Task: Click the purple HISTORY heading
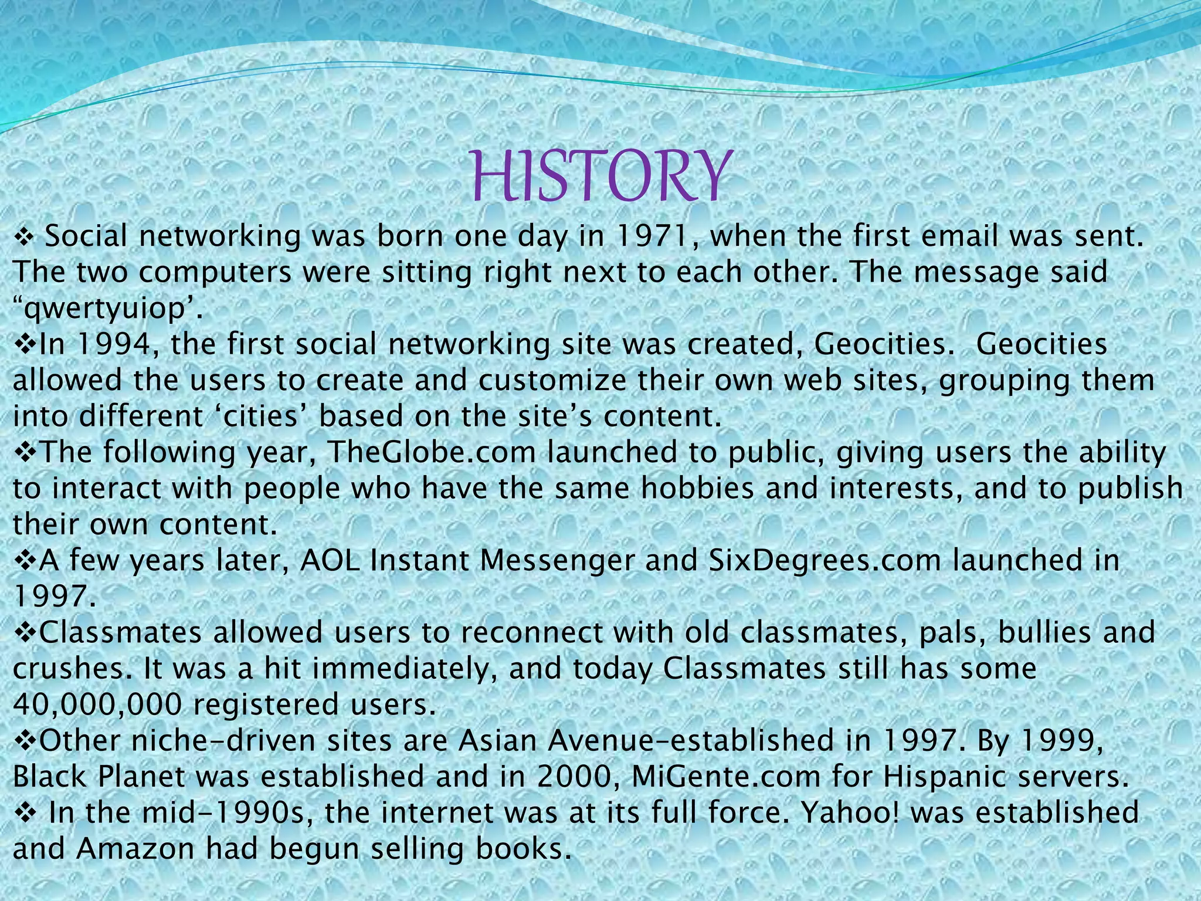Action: pos(602,175)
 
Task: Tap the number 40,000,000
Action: pos(97,704)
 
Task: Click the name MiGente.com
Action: pos(726,777)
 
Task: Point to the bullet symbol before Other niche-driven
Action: pos(25,741)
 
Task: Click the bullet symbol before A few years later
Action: pos(25,561)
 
